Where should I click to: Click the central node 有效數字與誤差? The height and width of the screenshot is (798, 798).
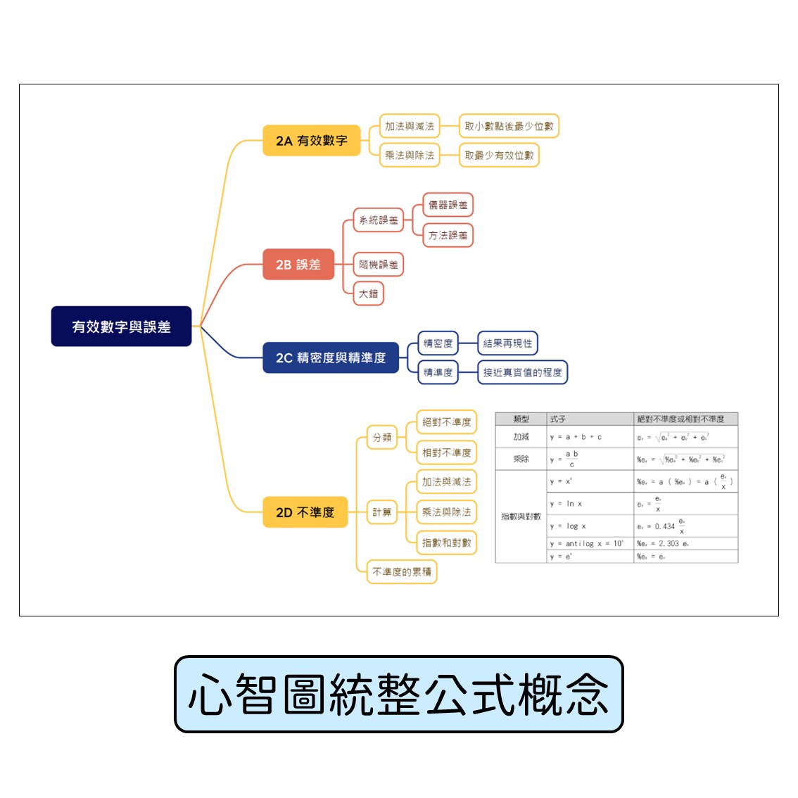coord(121,327)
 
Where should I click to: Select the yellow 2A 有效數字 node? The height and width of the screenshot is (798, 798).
coord(311,141)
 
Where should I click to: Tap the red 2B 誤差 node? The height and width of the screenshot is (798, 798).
coord(298,265)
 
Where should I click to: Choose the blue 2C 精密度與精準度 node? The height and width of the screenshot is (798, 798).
coord(331,357)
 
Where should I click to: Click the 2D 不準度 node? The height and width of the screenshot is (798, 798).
coord(305,512)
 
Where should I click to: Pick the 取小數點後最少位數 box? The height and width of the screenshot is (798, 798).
coord(509,127)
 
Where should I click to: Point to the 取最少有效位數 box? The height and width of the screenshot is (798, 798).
coord(499,156)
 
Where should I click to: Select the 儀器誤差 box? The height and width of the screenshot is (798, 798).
coord(448,205)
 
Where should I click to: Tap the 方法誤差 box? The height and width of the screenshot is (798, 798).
coord(448,235)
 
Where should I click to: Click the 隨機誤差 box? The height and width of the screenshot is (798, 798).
coord(379,265)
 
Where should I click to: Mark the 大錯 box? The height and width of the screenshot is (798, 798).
coord(368,293)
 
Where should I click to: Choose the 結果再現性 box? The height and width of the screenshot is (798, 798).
coord(507,343)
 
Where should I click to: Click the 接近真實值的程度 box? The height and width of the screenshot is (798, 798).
coord(522,372)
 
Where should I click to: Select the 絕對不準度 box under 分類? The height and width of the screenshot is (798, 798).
coord(446,422)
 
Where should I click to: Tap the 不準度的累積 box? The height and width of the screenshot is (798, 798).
coord(401,571)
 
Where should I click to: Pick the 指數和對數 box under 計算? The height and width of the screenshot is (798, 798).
coord(446,543)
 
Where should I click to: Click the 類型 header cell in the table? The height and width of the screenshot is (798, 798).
coord(521,419)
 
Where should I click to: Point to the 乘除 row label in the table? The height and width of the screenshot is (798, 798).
coord(521,459)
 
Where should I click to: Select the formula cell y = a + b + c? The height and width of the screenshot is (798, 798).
coord(576,437)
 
